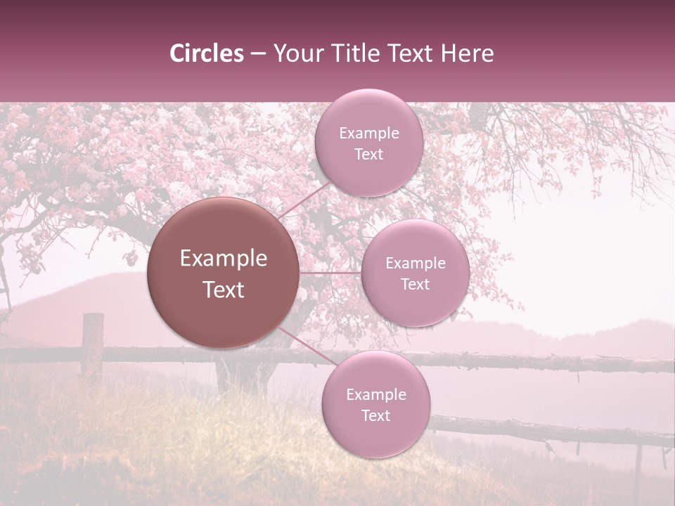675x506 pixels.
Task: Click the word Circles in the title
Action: pos(206,53)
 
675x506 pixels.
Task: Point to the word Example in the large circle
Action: pos(224,259)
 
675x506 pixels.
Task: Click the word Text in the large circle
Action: pos(224,290)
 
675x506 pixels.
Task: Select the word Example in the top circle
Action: pos(369,134)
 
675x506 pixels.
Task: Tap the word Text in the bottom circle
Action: pos(376,415)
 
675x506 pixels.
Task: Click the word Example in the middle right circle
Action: pos(416,264)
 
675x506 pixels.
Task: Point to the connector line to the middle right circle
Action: pos(330,273)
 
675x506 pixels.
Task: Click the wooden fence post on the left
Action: pos(92,344)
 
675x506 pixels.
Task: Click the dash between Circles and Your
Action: pos(258,54)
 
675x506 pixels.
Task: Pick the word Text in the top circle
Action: pos(369,155)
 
